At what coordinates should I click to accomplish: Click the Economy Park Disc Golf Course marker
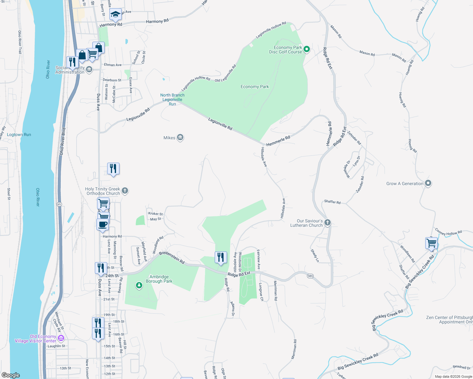point(306,49)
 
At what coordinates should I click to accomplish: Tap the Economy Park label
point(255,87)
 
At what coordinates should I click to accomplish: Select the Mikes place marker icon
point(180,137)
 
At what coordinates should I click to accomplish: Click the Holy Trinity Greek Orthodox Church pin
point(125,190)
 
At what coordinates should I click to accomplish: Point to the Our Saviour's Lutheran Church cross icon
point(328,223)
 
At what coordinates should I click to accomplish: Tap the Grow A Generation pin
point(428,183)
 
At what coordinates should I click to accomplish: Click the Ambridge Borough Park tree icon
point(139,286)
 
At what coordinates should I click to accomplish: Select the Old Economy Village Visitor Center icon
point(61,338)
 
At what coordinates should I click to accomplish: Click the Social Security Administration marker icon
point(89,69)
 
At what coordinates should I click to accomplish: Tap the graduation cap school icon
point(115,14)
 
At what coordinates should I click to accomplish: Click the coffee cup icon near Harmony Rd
point(102,225)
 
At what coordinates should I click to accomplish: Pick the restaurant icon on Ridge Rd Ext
point(221,257)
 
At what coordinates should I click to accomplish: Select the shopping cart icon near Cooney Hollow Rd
point(431,243)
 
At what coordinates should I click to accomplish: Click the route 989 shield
point(310,276)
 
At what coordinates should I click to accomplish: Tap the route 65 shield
point(59,204)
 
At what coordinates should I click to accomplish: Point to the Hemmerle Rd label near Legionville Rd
point(278,141)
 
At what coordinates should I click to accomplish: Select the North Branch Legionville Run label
point(172,99)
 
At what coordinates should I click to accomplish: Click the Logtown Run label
point(19,135)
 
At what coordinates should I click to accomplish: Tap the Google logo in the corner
point(11,375)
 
